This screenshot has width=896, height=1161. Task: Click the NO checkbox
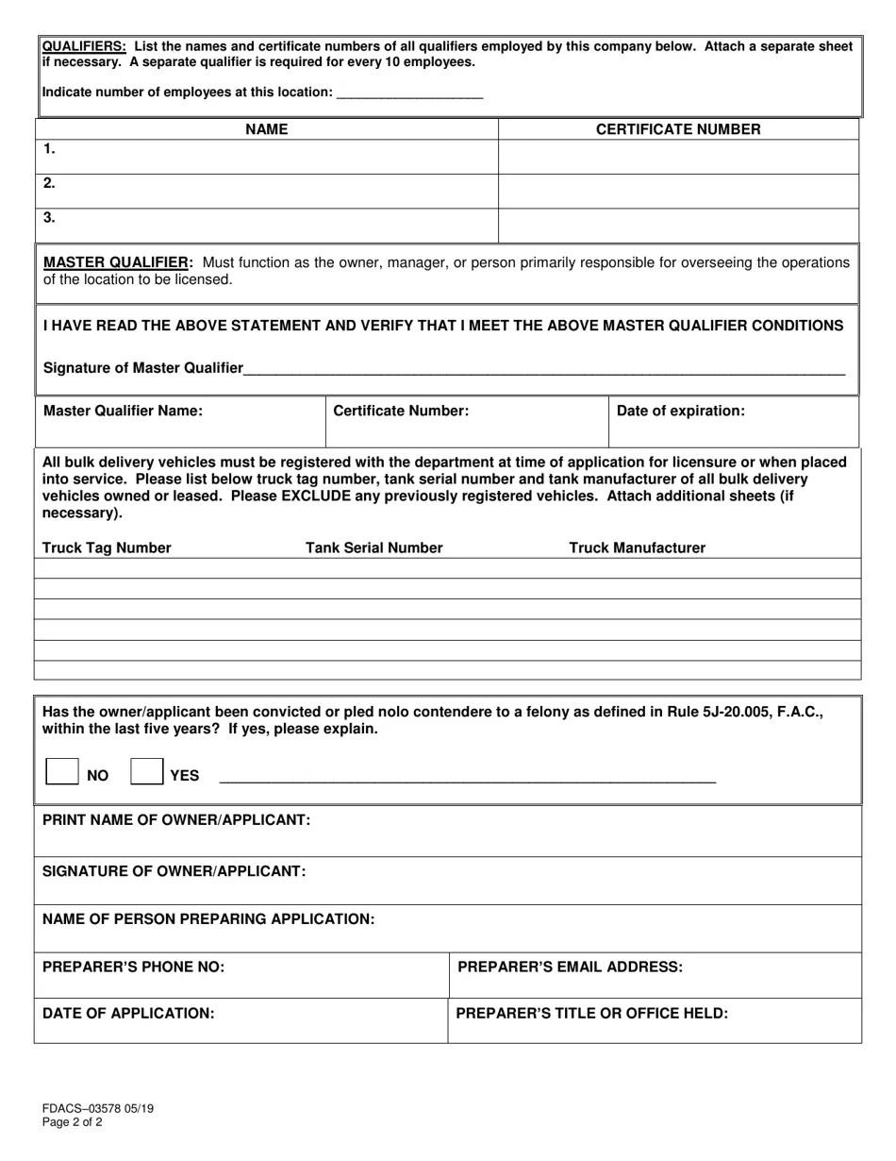click(x=62, y=771)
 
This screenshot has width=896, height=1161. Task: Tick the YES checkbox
click(x=146, y=771)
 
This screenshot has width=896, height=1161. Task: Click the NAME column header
click(x=267, y=129)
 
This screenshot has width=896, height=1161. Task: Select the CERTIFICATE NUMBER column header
click(x=678, y=129)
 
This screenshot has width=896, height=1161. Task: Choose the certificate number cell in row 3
click(x=678, y=225)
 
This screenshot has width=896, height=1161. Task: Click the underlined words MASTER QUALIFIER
click(x=118, y=262)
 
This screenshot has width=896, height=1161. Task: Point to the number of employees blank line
click(x=409, y=93)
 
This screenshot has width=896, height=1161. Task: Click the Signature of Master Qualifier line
click(x=543, y=369)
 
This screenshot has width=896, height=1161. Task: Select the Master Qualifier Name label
click(x=123, y=411)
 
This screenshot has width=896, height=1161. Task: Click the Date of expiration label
click(x=680, y=411)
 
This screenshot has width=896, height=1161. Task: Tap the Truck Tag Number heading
click(x=107, y=548)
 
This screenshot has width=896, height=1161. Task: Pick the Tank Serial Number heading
click(x=373, y=548)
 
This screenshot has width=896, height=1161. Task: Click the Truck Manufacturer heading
click(x=637, y=548)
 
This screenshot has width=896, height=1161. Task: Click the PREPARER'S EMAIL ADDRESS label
click(x=570, y=967)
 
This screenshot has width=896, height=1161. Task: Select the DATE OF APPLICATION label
click(x=128, y=1013)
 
